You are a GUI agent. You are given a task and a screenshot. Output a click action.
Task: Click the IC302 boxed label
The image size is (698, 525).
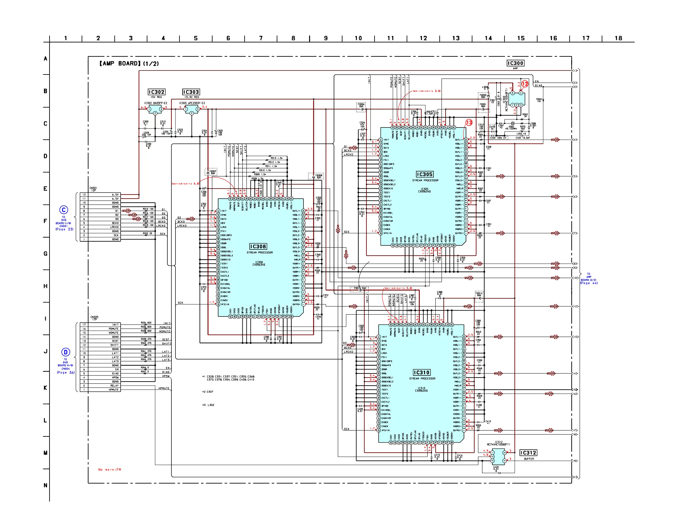pyautogui.click(x=156, y=92)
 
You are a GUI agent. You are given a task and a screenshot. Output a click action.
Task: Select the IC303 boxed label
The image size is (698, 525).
pyautogui.click(x=191, y=92)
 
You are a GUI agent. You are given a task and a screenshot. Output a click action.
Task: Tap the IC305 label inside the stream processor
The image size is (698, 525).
pyautogui.click(x=424, y=174)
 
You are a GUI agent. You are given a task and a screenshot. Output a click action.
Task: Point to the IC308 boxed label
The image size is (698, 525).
pyautogui.click(x=258, y=246)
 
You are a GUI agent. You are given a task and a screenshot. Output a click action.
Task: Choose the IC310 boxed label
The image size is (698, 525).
pyautogui.click(x=422, y=373)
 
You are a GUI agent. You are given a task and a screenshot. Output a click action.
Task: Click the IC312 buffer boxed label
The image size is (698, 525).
pyautogui.click(x=528, y=453)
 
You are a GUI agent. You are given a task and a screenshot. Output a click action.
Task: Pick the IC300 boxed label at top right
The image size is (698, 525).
pyautogui.click(x=515, y=63)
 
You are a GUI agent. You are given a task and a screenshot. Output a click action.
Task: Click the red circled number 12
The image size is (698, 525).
pyautogui.click(x=525, y=84)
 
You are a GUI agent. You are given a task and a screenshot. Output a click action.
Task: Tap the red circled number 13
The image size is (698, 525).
pyautogui.click(x=469, y=123)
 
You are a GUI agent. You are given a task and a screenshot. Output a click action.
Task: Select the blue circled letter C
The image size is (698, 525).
pyautogui.click(x=64, y=210)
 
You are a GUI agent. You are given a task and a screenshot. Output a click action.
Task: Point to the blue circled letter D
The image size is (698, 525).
pyautogui.click(x=65, y=352)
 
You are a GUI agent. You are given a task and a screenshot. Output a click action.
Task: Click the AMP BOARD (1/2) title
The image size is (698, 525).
pyautogui.click(x=129, y=64)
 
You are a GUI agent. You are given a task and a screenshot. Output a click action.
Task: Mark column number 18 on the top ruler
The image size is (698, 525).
pyautogui.click(x=618, y=38)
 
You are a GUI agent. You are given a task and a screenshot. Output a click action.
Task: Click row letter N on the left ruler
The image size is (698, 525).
pyautogui.click(x=45, y=485)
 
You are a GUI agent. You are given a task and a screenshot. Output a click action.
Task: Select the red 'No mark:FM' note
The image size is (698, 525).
pyautogui.click(x=109, y=470)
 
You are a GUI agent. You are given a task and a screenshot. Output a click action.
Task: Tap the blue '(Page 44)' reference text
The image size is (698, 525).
pyautogui.click(x=589, y=283)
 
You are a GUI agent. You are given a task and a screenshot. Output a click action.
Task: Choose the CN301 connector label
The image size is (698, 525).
pyautogui.click(x=93, y=189)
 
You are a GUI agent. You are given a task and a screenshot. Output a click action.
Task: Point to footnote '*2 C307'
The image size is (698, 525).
pyautogui.click(x=208, y=392)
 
